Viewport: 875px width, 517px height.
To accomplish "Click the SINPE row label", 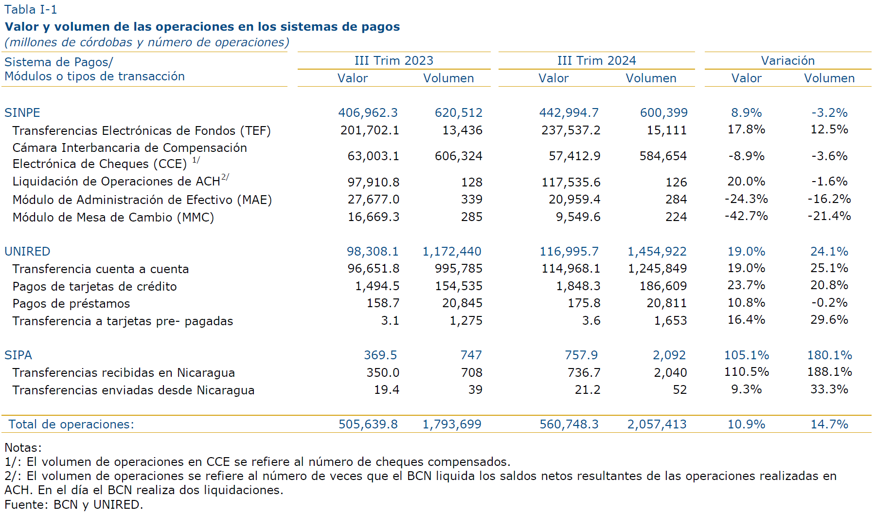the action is pos(22,112).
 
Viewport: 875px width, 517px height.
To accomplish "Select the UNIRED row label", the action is pos(27,251).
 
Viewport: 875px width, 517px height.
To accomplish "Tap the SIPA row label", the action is pos(18,355).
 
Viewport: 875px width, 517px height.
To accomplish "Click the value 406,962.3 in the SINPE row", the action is pos(368,112).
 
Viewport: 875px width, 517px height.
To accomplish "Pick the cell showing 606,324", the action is pos(458,156).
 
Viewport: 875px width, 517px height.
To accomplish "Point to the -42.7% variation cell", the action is pos(746,216).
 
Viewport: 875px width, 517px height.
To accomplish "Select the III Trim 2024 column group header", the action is pos(596,60).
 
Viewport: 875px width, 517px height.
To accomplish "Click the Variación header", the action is pos(787,60).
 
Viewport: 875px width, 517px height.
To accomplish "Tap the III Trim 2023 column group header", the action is pos(393,60).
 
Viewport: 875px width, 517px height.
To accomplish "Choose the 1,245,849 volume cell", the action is pos(657,268).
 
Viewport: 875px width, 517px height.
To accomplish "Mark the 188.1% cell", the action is pos(829,371).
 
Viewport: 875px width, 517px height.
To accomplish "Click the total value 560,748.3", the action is pos(569,424).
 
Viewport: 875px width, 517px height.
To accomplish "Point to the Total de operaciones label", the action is pos(71,424).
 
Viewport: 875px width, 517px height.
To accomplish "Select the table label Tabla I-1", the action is pos(31,9).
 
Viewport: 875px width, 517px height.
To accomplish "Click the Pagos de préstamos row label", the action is pos(71,303).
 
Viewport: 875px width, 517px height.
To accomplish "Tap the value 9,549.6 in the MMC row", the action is pos(578,217).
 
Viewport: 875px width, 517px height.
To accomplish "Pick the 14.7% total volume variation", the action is pos(829,424).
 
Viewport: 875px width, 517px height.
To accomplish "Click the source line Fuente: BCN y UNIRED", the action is pos(74,504).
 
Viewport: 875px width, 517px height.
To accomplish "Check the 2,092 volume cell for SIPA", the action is pos(669,355).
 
